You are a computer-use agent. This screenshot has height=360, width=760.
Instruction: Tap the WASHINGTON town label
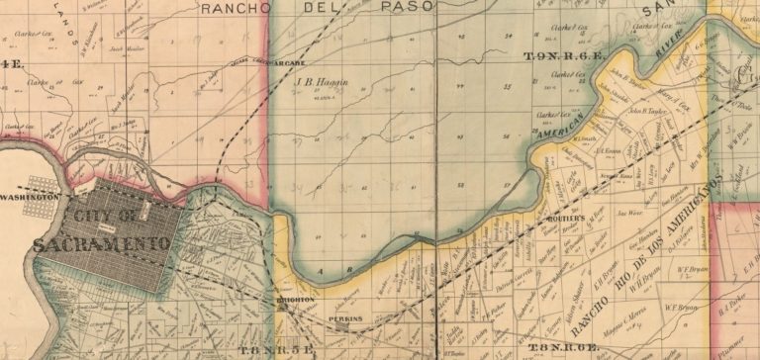(30, 197)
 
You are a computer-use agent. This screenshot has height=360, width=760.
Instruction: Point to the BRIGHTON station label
(296, 300)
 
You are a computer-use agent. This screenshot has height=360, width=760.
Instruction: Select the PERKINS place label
(346, 318)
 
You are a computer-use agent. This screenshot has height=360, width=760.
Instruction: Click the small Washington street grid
(44, 185)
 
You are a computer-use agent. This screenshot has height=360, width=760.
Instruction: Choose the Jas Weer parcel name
(630, 213)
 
